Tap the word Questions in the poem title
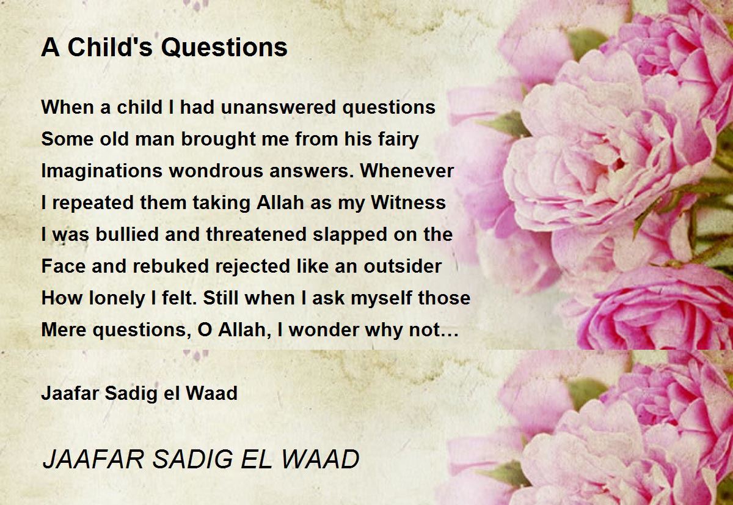[225, 48]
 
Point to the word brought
[218, 139]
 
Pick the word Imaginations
[101, 171]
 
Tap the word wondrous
[216, 171]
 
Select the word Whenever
[407, 171]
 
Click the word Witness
[408, 202]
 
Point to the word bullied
[127, 234]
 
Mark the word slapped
[350, 235]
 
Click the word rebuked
[170, 266]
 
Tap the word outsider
[403, 266]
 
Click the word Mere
[64, 330]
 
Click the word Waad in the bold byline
[211, 393]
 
